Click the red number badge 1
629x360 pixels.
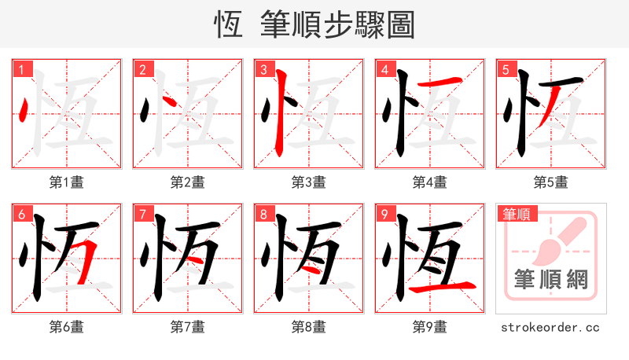21,69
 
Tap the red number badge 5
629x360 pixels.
506,69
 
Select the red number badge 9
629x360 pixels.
384,214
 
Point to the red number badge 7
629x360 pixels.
142,214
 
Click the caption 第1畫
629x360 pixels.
66,182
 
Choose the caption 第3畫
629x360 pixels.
308,182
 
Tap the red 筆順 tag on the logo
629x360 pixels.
516,213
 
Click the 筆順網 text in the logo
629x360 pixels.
550,280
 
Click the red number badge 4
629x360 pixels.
384,69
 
